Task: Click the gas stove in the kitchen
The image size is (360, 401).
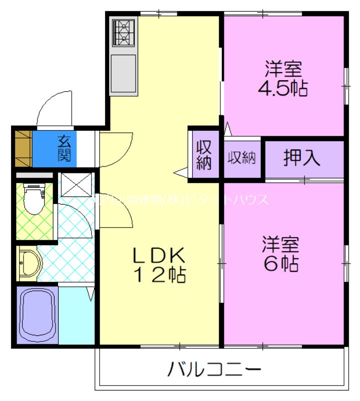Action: click(124, 33)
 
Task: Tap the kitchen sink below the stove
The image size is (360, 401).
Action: click(124, 74)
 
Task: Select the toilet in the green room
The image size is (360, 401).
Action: click(34, 199)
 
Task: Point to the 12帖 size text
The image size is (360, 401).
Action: click(159, 275)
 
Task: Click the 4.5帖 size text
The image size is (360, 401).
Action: click(282, 87)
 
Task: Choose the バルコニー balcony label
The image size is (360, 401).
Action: click(214, 371)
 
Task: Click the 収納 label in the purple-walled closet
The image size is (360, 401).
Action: click(204, 155)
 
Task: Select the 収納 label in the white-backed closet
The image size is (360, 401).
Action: click(242, 158)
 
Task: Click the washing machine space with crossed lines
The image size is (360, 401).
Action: click(75, 184)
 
